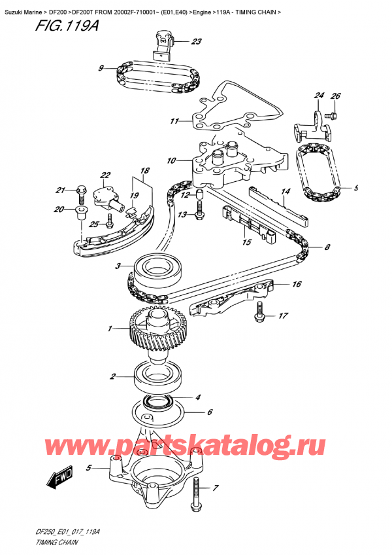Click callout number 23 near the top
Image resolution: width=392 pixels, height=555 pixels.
point(197,43)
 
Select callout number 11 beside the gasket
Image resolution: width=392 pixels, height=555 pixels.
point(174,121)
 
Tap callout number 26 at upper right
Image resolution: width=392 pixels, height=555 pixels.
point(336,97)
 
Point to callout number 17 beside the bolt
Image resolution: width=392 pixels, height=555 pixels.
point(283,317)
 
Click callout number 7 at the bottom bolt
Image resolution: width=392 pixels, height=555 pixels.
point(217,488)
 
